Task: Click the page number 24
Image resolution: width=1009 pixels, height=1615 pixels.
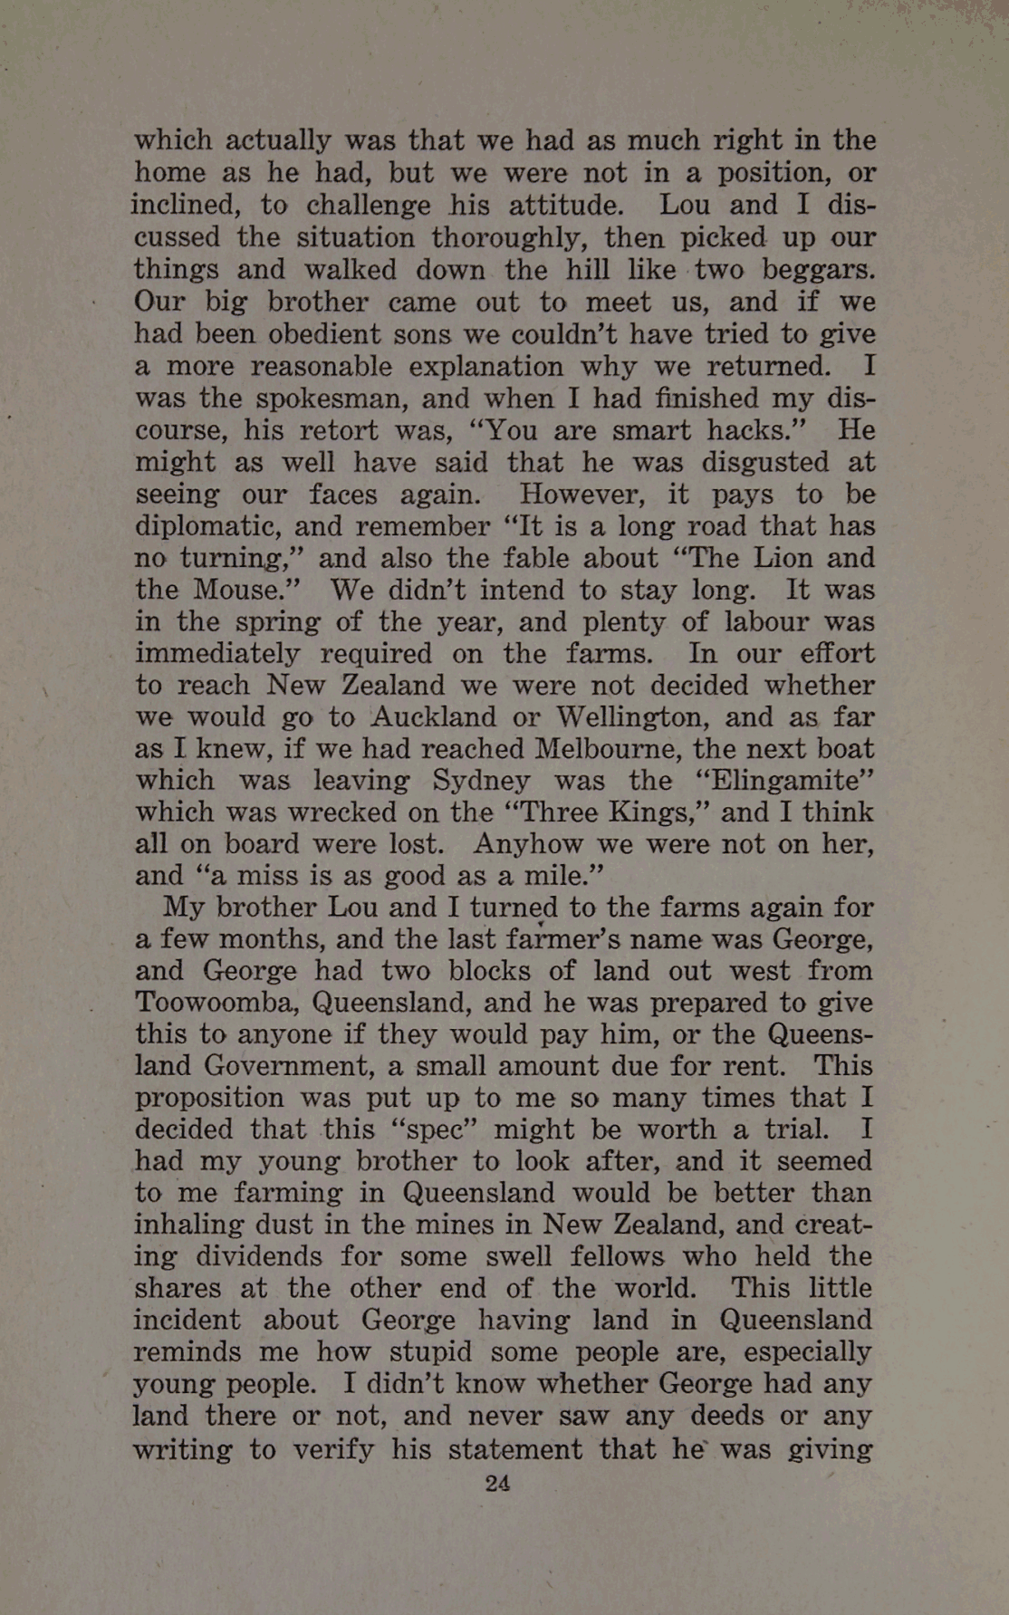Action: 498,1483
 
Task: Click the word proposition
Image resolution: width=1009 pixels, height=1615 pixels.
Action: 209,1099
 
